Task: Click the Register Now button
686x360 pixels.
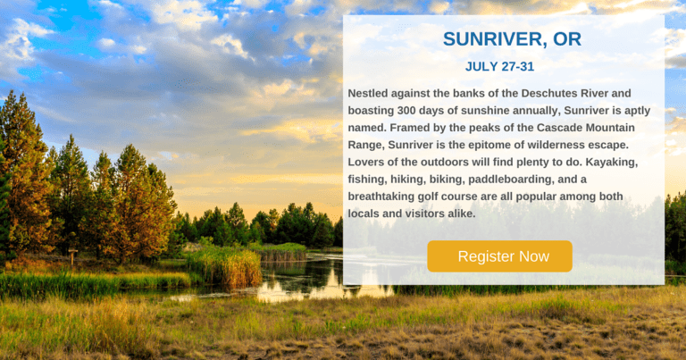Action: [499, 256]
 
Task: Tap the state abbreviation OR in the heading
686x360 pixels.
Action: [567, 39]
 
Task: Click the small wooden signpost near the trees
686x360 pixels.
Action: [72, 256]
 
